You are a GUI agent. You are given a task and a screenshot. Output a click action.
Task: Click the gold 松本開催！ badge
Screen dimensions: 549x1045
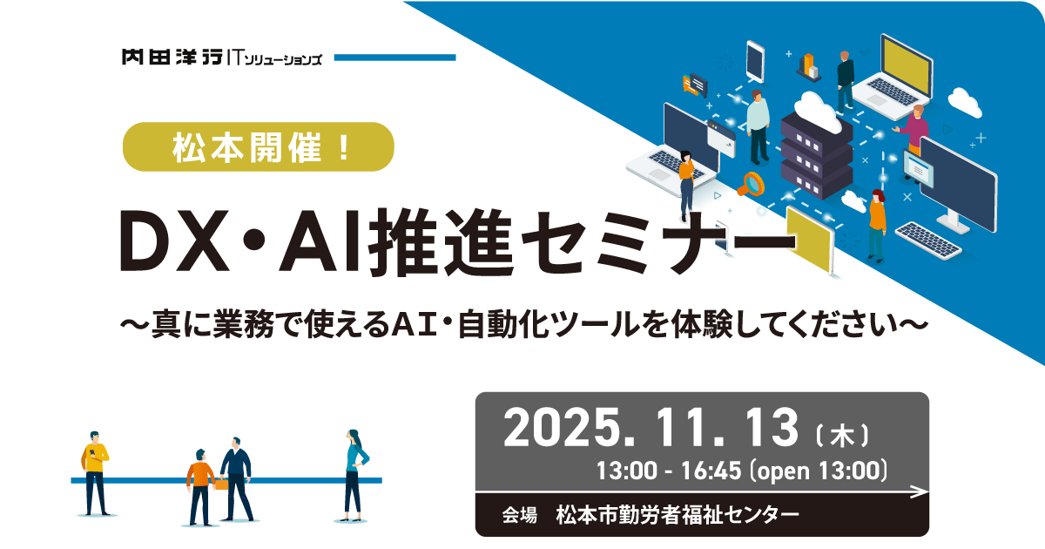click(x=260, y=146)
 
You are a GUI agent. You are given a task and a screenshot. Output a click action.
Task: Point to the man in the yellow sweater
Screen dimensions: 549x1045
click(x=96, y=471)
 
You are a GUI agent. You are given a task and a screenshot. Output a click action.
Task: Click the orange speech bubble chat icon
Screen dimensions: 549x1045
click(x=694, y=83)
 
